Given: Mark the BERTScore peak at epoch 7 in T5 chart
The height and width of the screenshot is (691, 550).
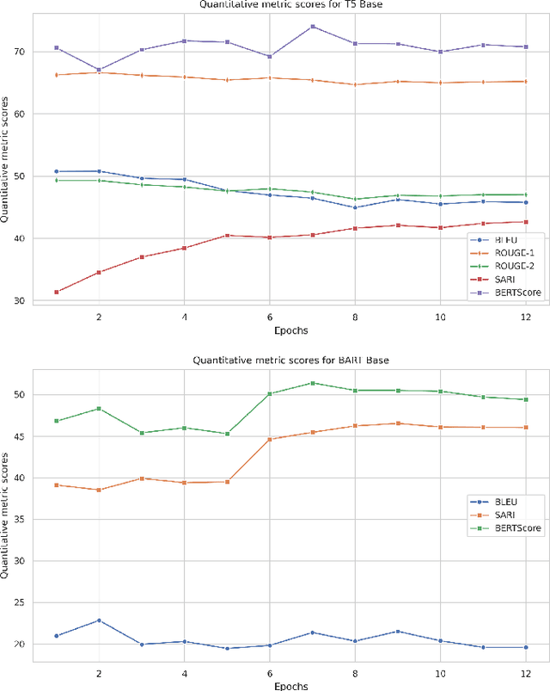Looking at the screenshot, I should [313, 27].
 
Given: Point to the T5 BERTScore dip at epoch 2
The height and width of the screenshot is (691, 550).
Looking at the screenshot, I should [99, 70].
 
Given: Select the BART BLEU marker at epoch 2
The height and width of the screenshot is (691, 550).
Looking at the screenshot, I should [99, 620].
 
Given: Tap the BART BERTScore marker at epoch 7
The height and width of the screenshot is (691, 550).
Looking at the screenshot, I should [313, 383].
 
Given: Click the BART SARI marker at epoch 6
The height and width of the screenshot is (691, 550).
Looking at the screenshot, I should [270, 440].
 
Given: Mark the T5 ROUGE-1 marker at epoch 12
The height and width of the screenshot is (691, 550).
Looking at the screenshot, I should [526, 82].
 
